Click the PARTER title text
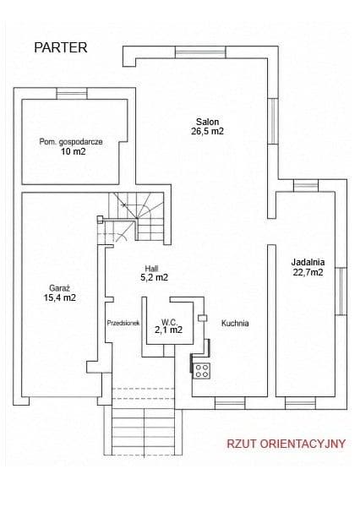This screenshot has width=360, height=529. (x=61, y=47)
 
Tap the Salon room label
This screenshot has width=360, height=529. (x=208, y=122)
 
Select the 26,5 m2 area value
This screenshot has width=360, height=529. (x=208, y=131)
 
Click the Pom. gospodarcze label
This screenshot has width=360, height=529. (x=71, y=142)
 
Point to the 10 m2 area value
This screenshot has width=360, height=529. (x=74, y=151)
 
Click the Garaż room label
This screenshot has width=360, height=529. (x=60, y=288)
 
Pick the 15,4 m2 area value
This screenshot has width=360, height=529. (x=60, y=297)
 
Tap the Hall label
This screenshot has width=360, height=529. (x=152, y=269)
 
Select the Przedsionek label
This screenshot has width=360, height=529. (x=123, y=323)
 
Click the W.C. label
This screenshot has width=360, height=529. (x=169, y=322)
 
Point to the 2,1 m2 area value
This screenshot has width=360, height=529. (x=169, y=330)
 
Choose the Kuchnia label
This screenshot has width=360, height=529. (x=235, y=323)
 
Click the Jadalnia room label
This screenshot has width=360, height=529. (x=308, y=262)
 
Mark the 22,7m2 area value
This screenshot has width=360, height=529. (x=308, y=272)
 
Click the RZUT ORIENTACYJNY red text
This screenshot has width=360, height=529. (x=286, y=444)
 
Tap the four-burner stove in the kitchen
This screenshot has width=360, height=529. (x=202, y=370)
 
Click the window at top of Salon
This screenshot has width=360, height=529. (x=200, y=52)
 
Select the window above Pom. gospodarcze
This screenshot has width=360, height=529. (x=72, y=94)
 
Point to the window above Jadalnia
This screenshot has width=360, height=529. (x=306, y=186)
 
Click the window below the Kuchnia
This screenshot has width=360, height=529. (x=230, y=403)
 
